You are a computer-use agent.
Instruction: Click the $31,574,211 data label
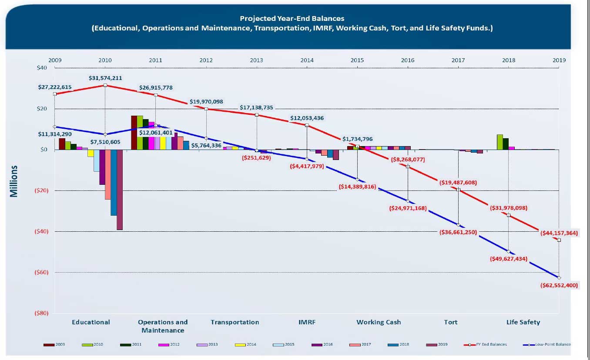[x=105, y=78]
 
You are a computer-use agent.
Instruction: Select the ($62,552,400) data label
[x=559, y=286]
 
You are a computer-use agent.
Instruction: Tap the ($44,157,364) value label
[x=559, y=233]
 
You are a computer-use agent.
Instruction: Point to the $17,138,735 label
[x=256, y=107]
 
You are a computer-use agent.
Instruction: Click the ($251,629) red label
[x=256, y=158]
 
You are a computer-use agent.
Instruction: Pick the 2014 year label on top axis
[x=307, y=60]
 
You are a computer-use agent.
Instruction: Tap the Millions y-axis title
[x=14, y=181]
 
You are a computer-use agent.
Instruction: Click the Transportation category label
[x=235, y=322]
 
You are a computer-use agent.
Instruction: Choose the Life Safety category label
[x=523, y=322]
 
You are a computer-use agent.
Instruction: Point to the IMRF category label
[x=307, y=322]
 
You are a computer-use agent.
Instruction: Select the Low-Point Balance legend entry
[x=546, y=344]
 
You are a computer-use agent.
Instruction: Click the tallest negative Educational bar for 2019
[x=119, y=190]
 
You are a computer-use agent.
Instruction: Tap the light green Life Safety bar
[x=500, y=142]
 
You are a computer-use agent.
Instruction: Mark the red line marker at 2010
[x=105, y=85]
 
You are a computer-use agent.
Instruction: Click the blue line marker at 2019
[x=559, y=277]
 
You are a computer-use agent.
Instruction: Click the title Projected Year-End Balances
[x=292, y=19]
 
